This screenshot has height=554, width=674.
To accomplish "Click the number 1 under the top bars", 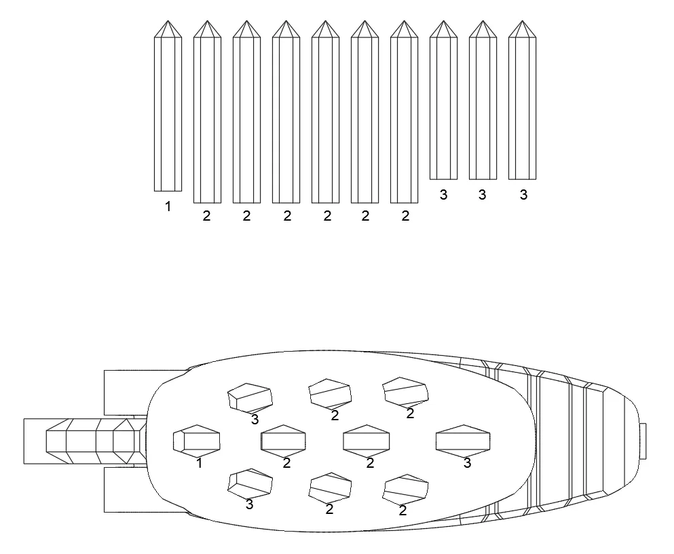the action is (x=168, y=206).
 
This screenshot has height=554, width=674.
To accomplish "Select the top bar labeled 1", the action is (x=168, y=106).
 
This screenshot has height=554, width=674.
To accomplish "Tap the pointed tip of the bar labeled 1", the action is (x=168, y=20).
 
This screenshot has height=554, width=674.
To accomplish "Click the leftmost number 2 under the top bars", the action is (x=207, y=216).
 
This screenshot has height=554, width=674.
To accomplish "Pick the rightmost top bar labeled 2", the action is (x=404, y=112).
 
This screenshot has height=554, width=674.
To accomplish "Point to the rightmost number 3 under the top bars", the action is (x=523, y=195).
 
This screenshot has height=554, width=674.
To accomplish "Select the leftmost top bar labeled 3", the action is (x=444, y=100).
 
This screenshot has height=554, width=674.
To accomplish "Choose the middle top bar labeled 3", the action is (x=483, y=100).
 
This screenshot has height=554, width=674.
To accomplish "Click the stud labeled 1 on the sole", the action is (x=196, y=441).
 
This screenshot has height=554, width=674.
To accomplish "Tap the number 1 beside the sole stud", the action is (x=199, y=463).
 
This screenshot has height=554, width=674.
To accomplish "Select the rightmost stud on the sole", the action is (x=463, y=441).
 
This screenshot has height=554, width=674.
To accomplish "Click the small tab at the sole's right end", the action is (x=643, y=441).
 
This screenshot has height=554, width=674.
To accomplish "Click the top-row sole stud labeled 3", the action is (x=250, y=398).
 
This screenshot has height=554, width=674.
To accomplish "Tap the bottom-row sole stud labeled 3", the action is (x=250, y=483).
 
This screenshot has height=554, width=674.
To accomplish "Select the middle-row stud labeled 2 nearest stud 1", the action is (x=283, y=441).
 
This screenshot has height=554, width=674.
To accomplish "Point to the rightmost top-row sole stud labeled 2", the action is (x=405, y=392).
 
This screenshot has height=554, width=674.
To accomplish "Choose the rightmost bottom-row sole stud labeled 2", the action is (x=405, y=490).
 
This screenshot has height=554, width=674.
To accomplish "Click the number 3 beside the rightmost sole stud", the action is (x=467, y=463).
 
